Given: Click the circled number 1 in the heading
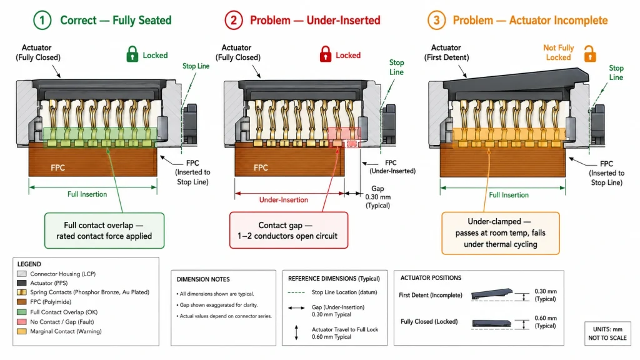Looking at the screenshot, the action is click(x=42, y=21).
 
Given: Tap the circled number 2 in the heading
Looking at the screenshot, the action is click(x=234, y=21).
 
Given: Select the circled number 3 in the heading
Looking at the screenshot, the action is click(x=436, y=21).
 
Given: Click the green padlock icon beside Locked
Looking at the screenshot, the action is click(x=132, y=54).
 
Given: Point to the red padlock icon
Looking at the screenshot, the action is click(x=325, y=54).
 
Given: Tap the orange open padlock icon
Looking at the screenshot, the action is click(x=590, y=54).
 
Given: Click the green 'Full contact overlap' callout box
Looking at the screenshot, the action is click(x=104, y=231).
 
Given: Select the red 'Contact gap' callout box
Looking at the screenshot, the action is click(x=289, y=230).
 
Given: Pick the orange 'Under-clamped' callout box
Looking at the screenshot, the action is click(x=501, y=233).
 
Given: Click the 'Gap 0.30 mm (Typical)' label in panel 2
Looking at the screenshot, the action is click(x=377, y=197).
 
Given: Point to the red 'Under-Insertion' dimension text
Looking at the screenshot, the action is click(x=284, y=199).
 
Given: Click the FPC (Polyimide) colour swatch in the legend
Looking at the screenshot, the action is click(x=22, y=302).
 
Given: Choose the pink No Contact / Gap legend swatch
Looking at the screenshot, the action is click(x=22, y=322).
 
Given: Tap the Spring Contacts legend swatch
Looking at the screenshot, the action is click(x=22, y=292).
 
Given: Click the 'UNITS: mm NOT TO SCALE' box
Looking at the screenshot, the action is click(x=607, y=334).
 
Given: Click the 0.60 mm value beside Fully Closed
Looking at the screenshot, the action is click(x=546, y=322).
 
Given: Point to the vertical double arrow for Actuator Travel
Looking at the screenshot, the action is click(x=296, y=332).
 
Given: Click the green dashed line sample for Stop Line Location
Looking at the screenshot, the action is click(x=296, y=292).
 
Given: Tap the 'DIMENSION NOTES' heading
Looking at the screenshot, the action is click(x=203, y=279).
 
